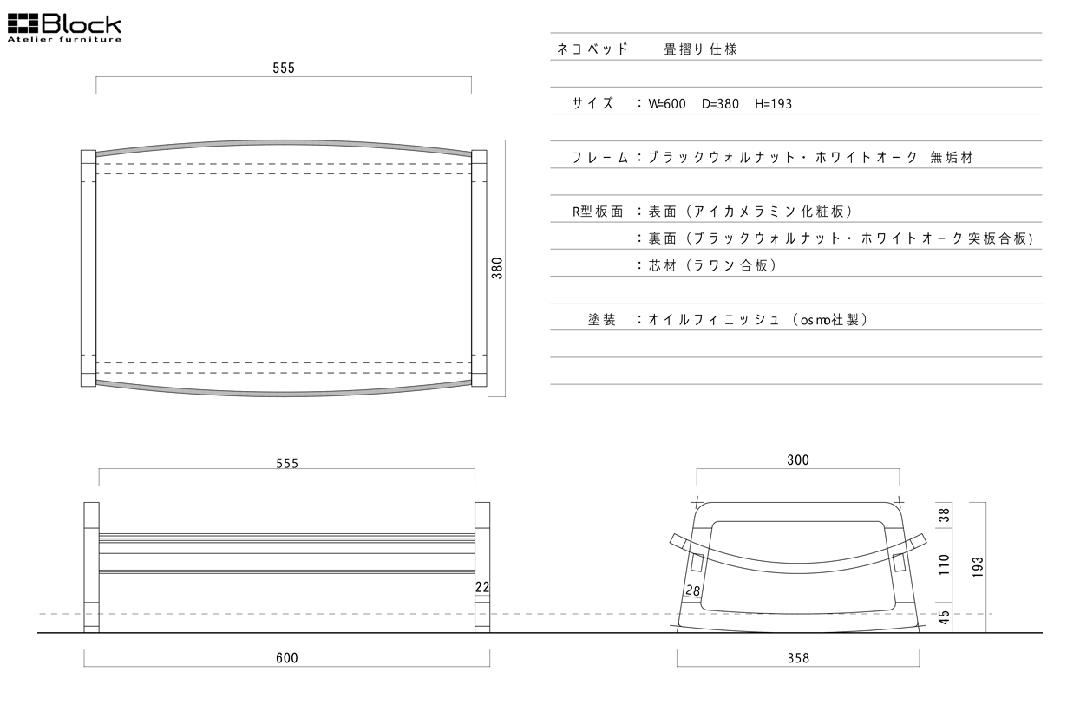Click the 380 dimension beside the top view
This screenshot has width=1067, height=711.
[497, 268]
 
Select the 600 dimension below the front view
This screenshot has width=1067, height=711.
[287, 658]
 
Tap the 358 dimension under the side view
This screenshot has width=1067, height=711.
[798, 658]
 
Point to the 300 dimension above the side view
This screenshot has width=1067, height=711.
[798, 460]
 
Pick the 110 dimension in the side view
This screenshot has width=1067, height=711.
[945, 564]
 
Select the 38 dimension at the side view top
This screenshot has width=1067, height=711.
[945, 514]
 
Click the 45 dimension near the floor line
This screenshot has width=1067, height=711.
[945, 617]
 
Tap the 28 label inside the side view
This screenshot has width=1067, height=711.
[692, 590]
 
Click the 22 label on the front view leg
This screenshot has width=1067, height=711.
[482, 587]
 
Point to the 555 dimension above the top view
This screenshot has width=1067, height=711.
[284, 68]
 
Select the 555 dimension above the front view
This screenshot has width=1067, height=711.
[287, 463]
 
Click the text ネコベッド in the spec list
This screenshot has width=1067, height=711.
[592, 49]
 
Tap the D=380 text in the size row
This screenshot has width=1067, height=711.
[719, 104]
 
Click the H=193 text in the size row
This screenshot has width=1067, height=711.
[773, 104]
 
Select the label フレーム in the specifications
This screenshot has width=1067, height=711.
[600, 158]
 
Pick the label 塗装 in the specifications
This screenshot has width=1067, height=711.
[602, 320]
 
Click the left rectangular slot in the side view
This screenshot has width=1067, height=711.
[698, 564]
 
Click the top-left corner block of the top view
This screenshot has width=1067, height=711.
[88, 157]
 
